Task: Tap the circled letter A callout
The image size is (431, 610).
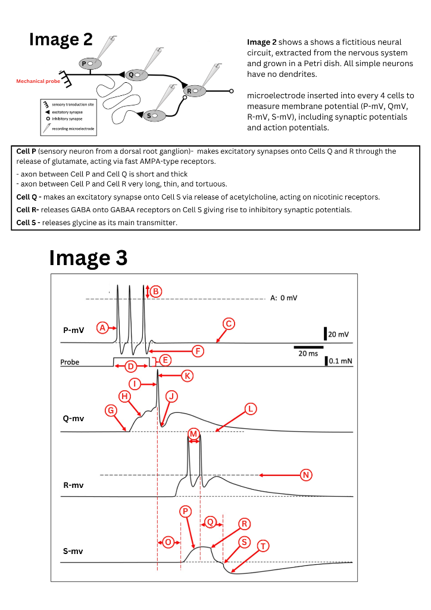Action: (x=102, y=328)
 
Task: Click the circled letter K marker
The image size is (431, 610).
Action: (x=188, y=375)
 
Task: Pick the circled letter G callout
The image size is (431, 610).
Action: (x=110, y=410)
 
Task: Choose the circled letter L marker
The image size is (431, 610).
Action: (x=251, y=409)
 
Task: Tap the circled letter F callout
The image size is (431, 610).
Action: (x=198, y=351)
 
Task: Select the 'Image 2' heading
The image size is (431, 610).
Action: (x=61, y=39)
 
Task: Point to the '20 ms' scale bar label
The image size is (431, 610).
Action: (x=308, y=354)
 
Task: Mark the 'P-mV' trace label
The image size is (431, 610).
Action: (x=74, y=329)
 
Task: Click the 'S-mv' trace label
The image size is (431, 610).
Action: (x=73, y=551)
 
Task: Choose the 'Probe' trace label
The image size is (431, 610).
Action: (x=70, y=362)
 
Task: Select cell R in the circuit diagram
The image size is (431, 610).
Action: (x=193, y=91)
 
